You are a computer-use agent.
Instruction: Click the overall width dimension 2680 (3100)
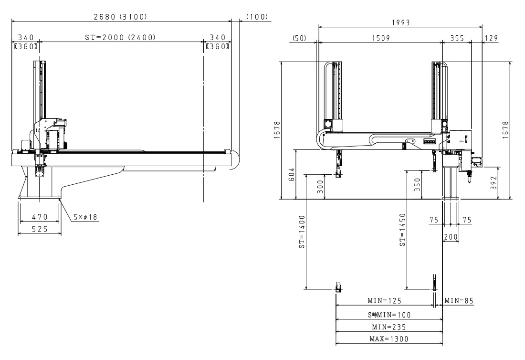coord(120,16)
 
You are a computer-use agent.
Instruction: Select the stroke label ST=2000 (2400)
coord(120,37)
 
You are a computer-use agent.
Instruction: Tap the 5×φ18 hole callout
coord(85,217)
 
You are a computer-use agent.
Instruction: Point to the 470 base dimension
coord(40,217)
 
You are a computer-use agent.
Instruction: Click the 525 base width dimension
coord(40,229)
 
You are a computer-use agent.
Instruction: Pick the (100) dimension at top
coord(257,16)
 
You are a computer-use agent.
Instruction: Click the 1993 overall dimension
coord(401,22)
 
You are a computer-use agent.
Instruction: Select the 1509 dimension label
coord(381,38)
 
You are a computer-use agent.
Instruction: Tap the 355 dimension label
coord(457,38)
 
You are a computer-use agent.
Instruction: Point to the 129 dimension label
coord(491,38)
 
